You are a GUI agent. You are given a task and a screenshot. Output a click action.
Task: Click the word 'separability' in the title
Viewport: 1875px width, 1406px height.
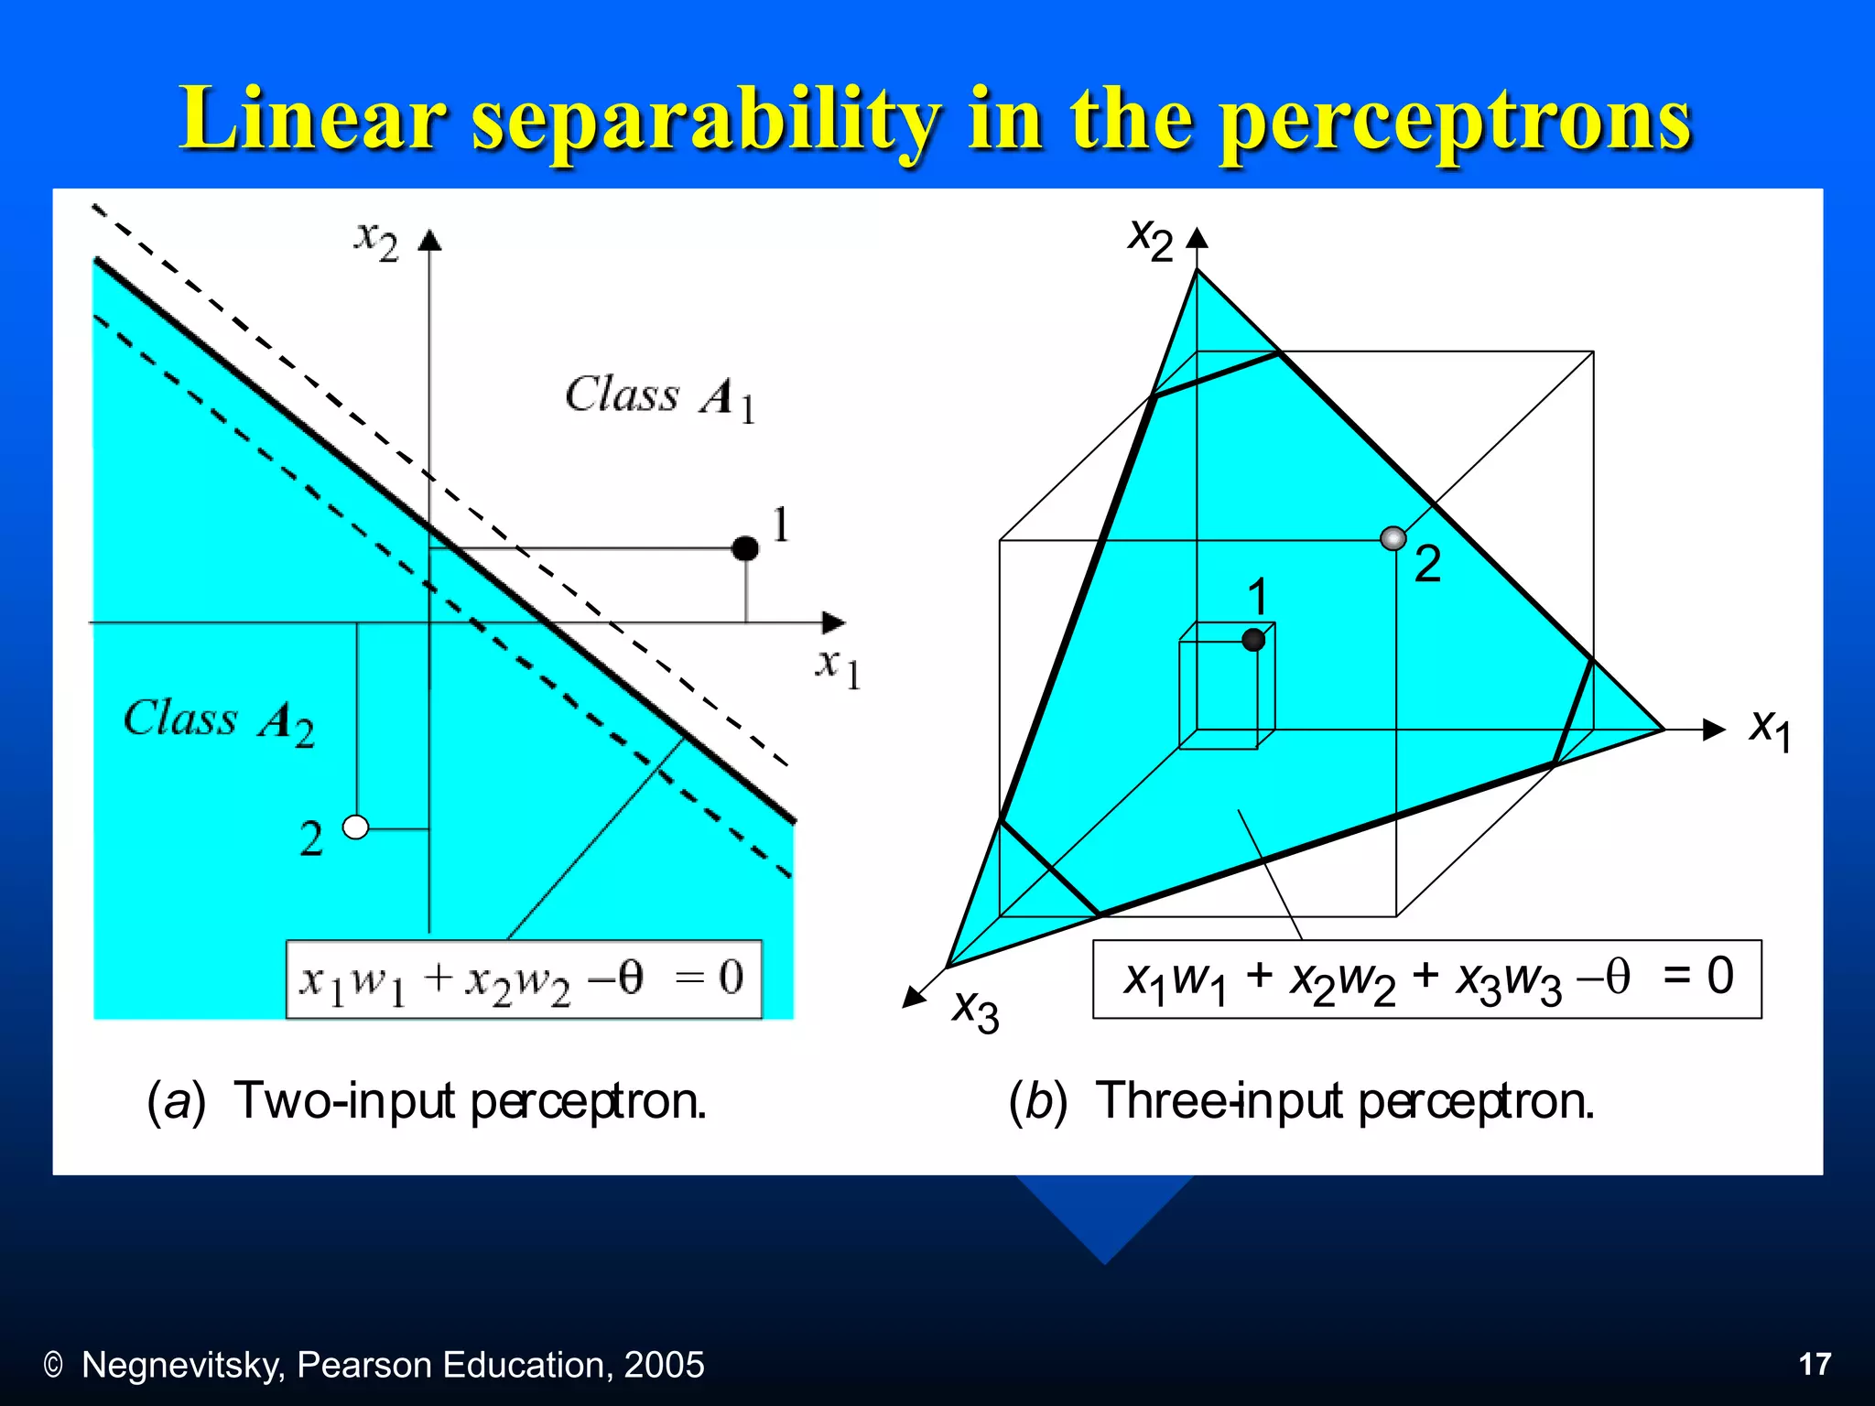705,119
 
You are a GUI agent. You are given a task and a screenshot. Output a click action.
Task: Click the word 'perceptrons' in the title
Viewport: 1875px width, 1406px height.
1456,119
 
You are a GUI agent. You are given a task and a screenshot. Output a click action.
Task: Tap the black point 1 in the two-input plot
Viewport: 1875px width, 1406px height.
745,548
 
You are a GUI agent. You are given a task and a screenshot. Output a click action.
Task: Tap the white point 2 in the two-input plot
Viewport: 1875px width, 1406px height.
355,827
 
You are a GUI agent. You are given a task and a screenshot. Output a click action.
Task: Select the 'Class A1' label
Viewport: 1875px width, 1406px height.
659,397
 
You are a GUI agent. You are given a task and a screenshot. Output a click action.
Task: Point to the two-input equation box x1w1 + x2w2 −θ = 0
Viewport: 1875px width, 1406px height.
524,979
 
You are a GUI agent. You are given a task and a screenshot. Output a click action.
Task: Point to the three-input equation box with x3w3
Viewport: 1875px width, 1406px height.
1426,979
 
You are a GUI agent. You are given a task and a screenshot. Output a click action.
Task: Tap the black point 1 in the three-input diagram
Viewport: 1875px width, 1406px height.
1253,640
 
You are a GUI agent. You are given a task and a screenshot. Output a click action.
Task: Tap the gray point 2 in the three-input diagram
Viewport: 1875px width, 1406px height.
1393,538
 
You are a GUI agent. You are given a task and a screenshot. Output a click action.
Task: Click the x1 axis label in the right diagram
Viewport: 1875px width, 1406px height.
1770,730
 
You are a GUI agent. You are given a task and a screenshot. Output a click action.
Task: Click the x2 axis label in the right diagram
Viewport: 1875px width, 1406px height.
1150,239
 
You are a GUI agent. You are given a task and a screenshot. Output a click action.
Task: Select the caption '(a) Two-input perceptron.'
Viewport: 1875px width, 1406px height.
427,1100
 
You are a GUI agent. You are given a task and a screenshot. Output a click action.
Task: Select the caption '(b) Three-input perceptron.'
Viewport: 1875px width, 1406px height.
1301,1100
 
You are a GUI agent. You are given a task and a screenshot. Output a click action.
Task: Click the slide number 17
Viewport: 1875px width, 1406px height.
1815,1364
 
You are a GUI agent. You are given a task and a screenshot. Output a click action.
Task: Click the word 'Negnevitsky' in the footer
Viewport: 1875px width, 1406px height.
183,1365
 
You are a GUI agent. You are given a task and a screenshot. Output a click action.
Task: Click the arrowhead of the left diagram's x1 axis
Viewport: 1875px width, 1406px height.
833,623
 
